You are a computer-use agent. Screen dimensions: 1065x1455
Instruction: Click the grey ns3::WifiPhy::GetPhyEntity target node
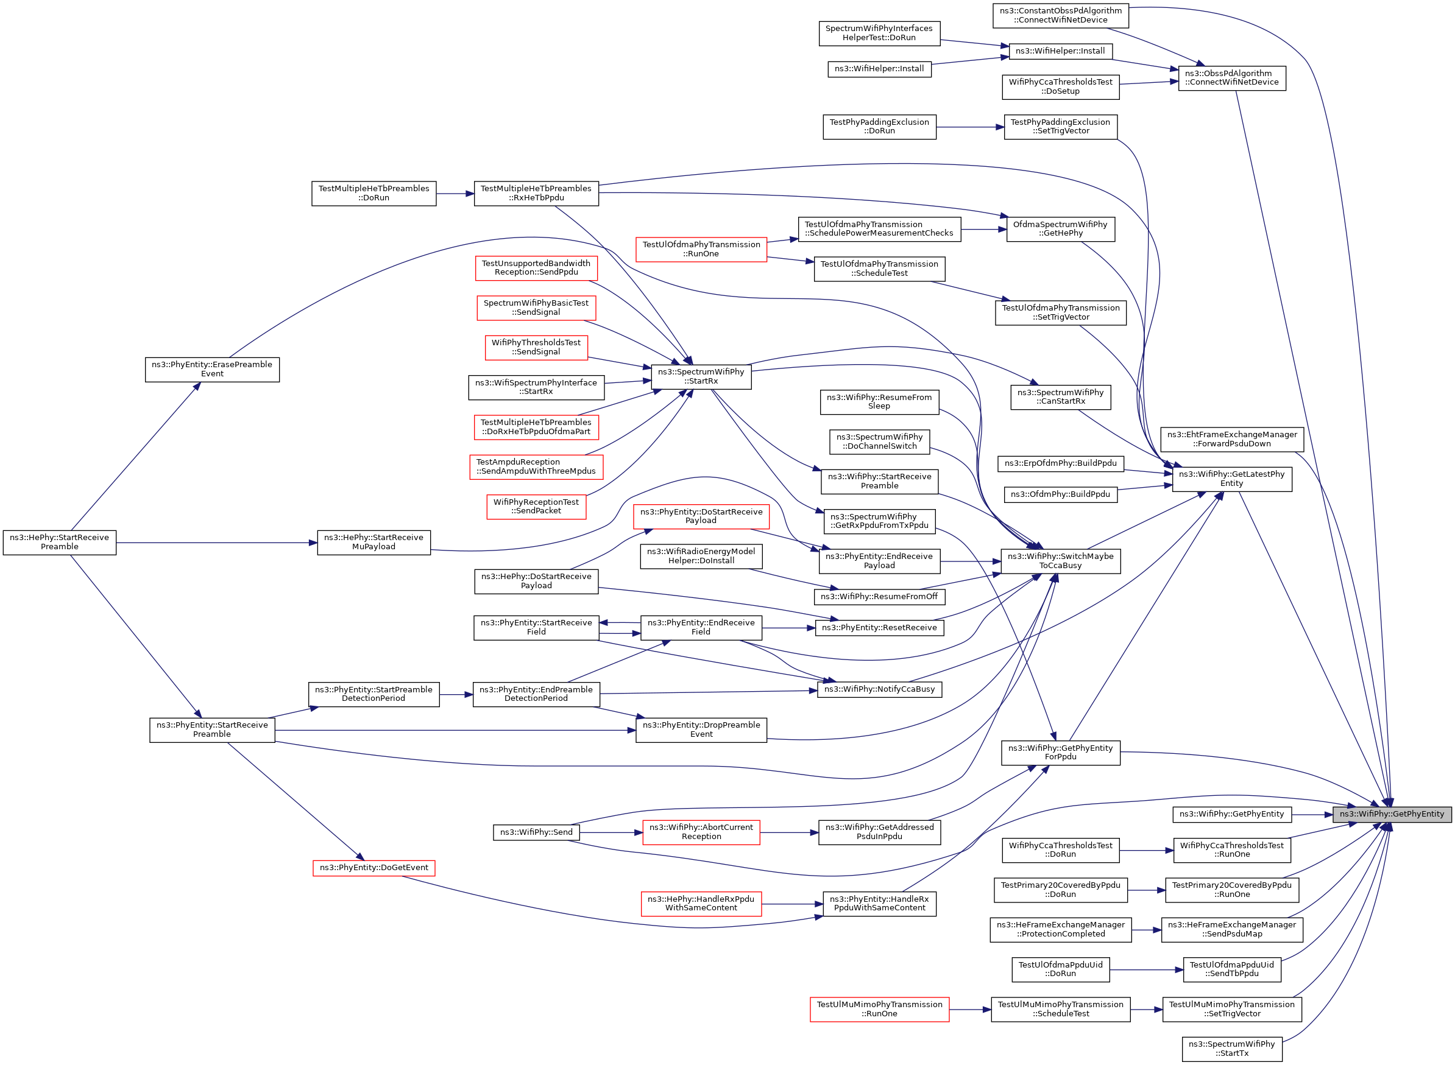1391,814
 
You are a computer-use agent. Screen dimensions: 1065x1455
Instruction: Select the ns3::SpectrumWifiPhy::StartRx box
701,376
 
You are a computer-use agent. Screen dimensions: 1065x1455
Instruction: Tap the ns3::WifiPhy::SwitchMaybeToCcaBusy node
1060,561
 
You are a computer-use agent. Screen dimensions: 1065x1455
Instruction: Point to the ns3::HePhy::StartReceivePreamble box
59,542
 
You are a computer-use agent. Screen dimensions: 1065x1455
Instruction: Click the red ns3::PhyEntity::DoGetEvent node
373,868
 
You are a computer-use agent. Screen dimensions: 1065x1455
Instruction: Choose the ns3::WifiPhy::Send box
536,832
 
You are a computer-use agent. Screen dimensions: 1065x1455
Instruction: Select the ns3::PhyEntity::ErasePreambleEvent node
211,370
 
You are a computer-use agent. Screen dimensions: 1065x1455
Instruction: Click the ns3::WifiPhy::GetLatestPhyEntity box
1231,479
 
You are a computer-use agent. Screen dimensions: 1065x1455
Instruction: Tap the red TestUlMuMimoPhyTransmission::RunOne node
879,1010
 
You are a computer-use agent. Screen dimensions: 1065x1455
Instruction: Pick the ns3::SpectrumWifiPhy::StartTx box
1231,1049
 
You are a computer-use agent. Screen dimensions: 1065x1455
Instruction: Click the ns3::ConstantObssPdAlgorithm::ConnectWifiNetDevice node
1060,15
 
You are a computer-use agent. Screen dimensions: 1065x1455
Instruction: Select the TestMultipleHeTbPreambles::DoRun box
373,194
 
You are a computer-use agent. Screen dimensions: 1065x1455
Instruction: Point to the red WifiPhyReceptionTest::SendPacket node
536,507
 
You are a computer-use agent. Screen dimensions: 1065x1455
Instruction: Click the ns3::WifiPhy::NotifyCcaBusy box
879,689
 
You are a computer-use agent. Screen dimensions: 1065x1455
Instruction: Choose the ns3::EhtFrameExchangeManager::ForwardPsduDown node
1231,439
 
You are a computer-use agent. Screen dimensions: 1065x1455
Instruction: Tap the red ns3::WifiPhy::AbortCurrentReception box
701,832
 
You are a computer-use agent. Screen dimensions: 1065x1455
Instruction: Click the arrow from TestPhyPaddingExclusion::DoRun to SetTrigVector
969,128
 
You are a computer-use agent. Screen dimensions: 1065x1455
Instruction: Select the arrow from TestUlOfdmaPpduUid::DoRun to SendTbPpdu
1146,969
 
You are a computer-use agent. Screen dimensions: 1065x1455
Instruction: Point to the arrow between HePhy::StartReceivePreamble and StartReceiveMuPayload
216,543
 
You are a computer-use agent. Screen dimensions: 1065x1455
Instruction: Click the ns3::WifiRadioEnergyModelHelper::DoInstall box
701,557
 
